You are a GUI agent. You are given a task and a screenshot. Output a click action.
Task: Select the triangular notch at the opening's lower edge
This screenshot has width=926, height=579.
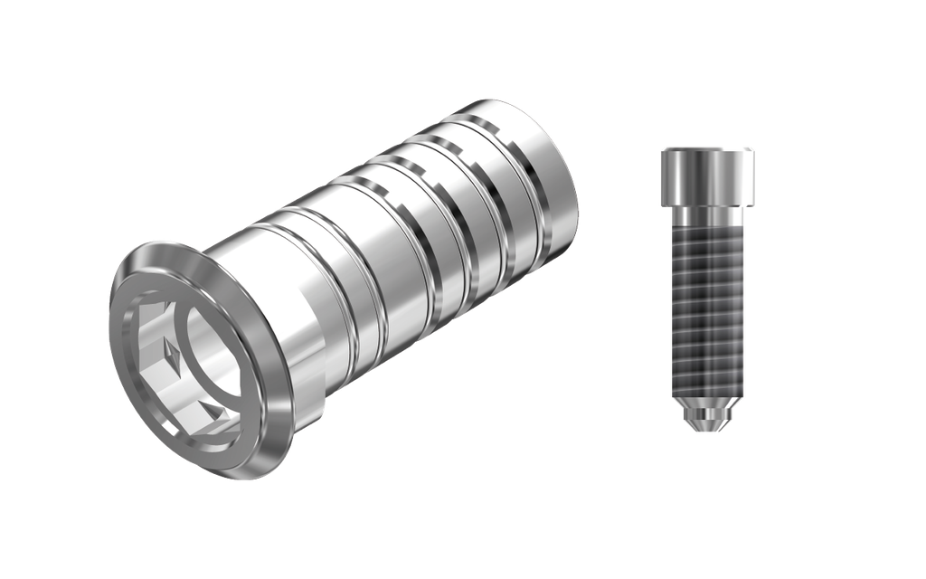coord(215,412)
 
